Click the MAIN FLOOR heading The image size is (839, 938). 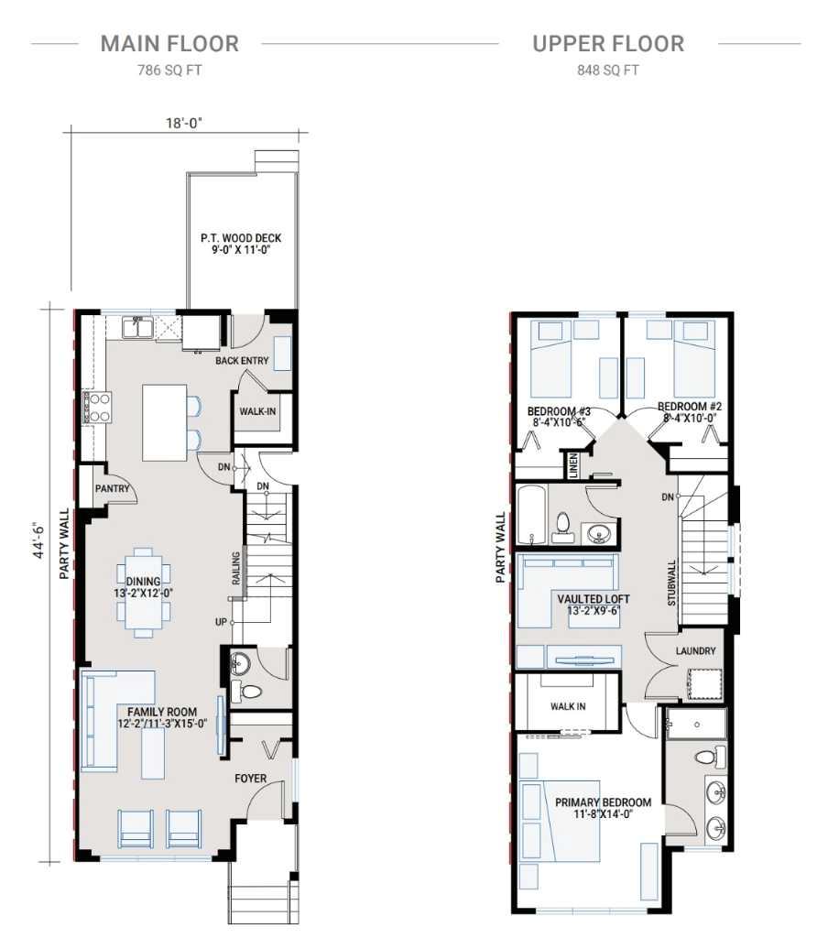(x=169, y=43)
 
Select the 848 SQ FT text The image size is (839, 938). (x=608, y=71)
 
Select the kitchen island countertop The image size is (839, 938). (x=163, y=422)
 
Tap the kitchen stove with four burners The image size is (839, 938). (x=96, y=407)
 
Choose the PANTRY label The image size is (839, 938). (x=112, y=488)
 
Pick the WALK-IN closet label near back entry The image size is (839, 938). (x=257, y=411)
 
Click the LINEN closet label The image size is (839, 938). (x=573, y=466)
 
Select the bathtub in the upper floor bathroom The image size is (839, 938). (x=532, y=516)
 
